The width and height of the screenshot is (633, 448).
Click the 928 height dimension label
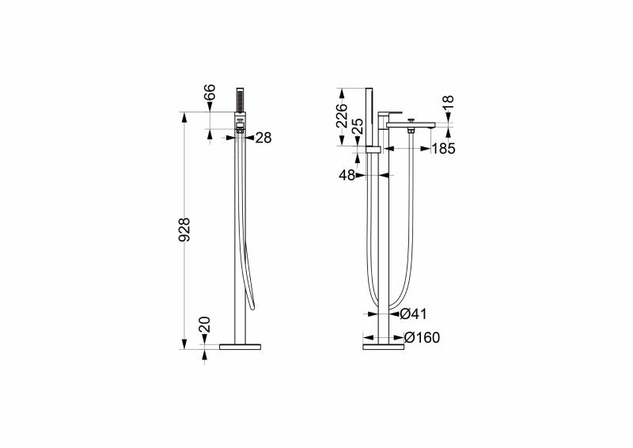pos(184,230)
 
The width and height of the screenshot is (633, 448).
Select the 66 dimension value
pos(210,92)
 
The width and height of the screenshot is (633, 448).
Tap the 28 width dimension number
pos(263,138)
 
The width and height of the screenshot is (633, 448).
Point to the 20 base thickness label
pos(205,325)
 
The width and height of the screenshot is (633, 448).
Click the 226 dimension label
pos(342,115)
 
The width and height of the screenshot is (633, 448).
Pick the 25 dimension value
pos(358,127)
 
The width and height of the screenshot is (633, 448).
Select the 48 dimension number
pos(347,176)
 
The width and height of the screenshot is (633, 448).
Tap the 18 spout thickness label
pos(448,102)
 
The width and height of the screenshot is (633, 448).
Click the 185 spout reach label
pos(443,149)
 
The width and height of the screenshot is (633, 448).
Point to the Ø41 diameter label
pos(413,314)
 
